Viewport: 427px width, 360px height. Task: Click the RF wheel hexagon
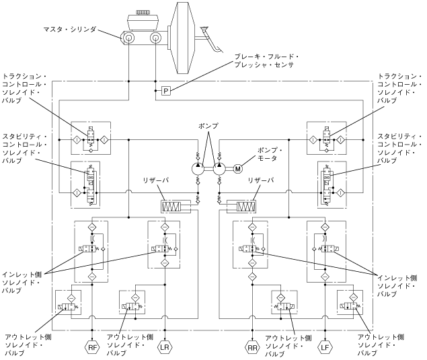pyautogui.click(x=92, y=347)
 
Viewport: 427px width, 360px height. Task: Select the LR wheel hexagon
pyautogui.click(x=165, y=347)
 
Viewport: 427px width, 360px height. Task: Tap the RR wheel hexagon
pyautogui.click(x=252, y=348)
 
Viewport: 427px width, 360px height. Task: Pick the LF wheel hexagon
pyautogui.click(x=325, y=347)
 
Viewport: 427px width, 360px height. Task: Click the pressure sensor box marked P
pyautogui.click(x=166, y=91)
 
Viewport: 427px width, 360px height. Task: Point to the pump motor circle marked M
pyautogui.click(x=238, y=169)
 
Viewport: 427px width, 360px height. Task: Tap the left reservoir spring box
pyautogui.click(x=171, y=207)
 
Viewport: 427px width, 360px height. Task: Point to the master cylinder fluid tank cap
pyautogui.click(x=142, y=13)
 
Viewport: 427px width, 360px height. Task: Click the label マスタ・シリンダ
pyautogui.click(x=70, y=30)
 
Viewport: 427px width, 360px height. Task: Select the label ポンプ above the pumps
pyautogui.click(x=208, y=126)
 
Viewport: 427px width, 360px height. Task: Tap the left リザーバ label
pyautogui.click(x=156, y=180)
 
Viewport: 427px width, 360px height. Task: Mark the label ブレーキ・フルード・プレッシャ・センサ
pyautogui.click(x=267, y=61)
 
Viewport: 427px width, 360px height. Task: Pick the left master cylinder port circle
pyautogui.click(x=128, y=38)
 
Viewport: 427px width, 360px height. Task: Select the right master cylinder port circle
pyautogui.click(x=155, y=38)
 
